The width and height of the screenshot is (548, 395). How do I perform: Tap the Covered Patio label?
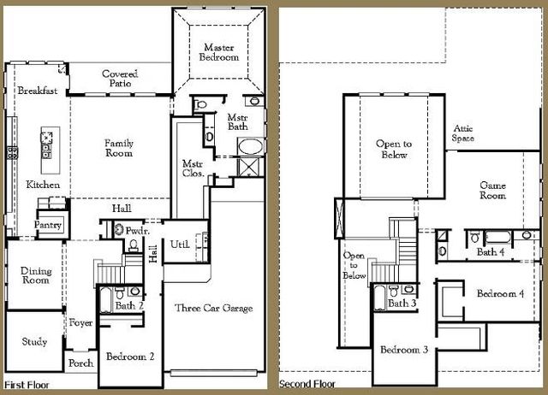[x=120, y=80]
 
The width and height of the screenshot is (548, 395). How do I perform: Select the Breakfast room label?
[x=37, y=91]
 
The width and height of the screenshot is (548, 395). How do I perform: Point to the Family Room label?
[x=119, y=149]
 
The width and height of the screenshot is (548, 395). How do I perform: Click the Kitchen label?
[x=43, y=185]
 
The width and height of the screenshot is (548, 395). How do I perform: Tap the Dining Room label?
[x=35, y=276]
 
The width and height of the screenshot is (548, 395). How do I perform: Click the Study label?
[x=34, y=342]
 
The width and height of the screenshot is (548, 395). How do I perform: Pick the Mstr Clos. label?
[x=193, y=168]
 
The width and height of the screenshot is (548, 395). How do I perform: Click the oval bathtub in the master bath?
[x=250, y=145]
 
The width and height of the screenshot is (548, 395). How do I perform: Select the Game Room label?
[x=492, y=190]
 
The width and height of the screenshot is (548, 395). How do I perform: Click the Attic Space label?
[x=463, y=133]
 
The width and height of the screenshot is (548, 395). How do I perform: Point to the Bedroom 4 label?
[x=500, y=294]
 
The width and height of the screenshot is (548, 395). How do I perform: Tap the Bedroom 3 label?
[x=404, y=351]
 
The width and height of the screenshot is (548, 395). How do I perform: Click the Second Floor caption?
[x=308, y=386]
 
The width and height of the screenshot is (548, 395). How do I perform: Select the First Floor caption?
[x=27, y=386]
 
